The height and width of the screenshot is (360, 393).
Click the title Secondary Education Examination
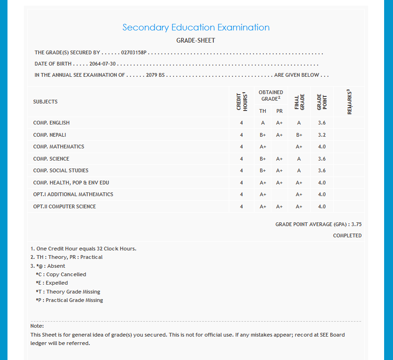pyautogui.click(x=196, y=28)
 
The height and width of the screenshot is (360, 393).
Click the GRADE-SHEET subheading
pyautogui.click(x=196, y=41)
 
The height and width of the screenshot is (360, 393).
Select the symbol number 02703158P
pyautogui.click(x=134, y=53)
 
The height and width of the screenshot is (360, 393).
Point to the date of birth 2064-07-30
pyautogui.click(x=102, y=64)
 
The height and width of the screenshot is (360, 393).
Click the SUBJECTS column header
pyautogui.click(x=45, y=102)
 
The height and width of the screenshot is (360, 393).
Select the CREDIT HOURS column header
pyautogui.click(x=241, y=102)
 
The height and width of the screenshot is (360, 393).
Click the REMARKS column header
pyautogui.click(x=349, y=102)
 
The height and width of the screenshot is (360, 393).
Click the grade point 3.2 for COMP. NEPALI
pyautogui.click(x=321, y=135)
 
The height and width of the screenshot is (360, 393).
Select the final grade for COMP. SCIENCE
pyautogui.click(x=299, y=159)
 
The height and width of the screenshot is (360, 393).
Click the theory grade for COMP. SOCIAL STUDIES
pyautogui.click(x=263, y=170)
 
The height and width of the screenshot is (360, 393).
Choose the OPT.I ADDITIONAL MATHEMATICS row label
pyautogui.click(x=73, y=194)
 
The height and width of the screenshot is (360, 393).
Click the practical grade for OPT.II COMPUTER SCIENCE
pyautogui.click(x=279, y=206)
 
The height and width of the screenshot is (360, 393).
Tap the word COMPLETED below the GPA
pyautogui.click(x=347, y=235)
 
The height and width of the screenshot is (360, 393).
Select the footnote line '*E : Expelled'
pyautogui.click(x=51, y=283)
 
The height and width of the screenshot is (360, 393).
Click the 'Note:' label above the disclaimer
pyautogui.click(x=37, y=326)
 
